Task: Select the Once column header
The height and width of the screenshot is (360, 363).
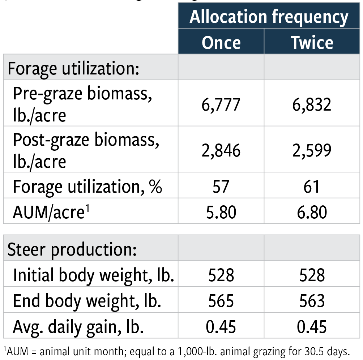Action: (x=221, y=42)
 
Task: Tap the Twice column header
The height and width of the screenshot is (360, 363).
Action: (x=312, y=42)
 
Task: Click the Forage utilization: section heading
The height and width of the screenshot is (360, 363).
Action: (x=73, y=68)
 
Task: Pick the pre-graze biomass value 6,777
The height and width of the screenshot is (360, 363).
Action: (x=221, y=104)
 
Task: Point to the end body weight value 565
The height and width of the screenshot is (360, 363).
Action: (x=221, y=301)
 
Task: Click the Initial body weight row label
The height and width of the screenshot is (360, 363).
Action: (x=93, y=276)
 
